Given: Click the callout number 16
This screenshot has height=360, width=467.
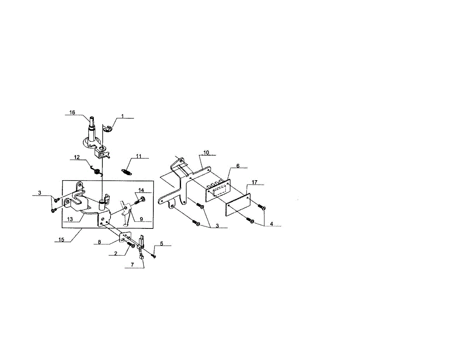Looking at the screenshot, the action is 72,112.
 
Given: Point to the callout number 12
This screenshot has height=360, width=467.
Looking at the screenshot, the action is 77,157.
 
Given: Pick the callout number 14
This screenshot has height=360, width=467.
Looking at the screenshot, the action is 141,190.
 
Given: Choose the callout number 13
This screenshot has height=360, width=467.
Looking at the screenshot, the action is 70,220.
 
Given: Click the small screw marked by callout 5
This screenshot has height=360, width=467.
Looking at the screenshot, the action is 154,256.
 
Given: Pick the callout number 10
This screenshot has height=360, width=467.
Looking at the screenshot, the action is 206,152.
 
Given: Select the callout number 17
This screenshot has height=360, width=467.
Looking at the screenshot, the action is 255,182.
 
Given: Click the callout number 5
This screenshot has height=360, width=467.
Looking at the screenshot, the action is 162,244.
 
